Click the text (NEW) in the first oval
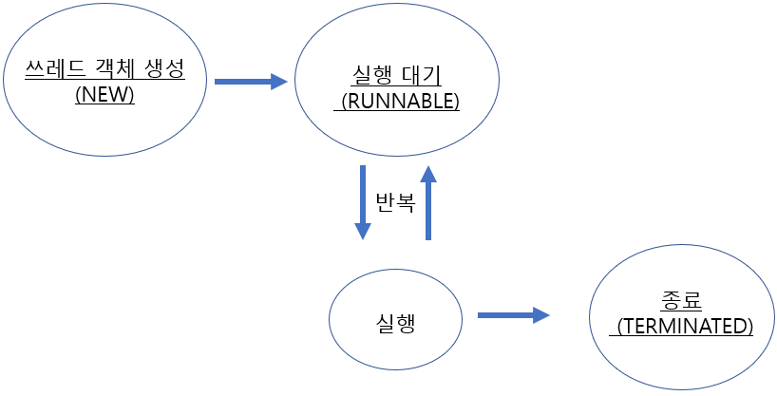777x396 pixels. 104,95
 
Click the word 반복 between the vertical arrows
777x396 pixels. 395,201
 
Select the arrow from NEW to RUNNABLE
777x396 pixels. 250,82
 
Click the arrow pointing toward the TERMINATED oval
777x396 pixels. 513,314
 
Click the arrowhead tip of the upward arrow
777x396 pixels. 428,168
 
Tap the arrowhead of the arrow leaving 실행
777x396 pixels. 543,314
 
